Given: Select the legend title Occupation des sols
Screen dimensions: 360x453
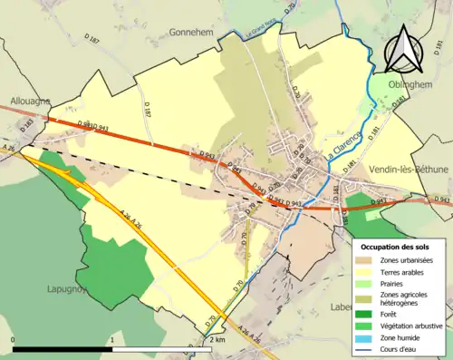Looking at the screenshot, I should point(399,246).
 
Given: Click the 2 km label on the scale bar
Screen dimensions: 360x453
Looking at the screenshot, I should point(216,340).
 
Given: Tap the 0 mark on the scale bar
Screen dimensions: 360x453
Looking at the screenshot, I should point(13,340).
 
